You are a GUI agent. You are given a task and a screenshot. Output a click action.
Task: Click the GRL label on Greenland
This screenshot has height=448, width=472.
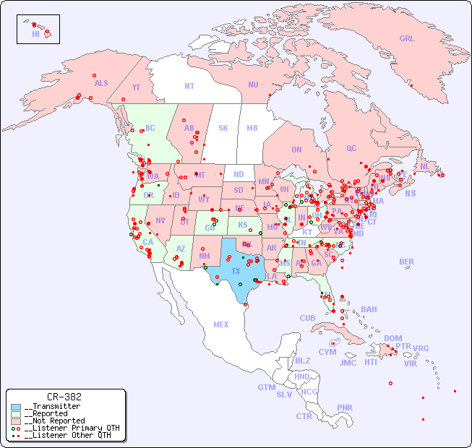(407, 39)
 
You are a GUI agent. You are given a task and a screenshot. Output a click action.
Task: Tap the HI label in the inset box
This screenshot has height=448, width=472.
(35, 34)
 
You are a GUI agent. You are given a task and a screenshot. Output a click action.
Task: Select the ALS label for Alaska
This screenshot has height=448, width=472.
(101, 84)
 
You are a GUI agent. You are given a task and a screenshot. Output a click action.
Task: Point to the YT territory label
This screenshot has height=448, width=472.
(136, 87)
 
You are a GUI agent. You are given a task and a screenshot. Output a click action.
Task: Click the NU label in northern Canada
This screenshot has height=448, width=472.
(253, 85)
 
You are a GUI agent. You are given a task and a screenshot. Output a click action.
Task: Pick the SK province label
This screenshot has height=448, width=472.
(223, 129)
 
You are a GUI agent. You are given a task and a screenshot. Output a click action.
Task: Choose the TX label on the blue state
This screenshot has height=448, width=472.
(236, 271)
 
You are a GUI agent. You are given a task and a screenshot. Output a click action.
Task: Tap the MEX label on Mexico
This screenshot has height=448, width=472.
(221, 325)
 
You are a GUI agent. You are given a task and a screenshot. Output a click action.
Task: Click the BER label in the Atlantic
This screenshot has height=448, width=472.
(406, 262)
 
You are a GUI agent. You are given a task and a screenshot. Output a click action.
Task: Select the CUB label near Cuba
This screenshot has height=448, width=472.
(308, 319)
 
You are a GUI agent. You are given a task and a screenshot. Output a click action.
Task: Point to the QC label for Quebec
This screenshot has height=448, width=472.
(351, 149)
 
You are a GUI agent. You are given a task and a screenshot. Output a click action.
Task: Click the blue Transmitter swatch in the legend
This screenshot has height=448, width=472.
(16, 407)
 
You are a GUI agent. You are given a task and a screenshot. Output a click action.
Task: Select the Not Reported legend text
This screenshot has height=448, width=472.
(54, 421)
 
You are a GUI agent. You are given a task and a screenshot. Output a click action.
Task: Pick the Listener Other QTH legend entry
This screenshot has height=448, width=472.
(67, 435)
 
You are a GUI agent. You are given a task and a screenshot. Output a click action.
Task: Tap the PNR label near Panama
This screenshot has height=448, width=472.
(345, 408)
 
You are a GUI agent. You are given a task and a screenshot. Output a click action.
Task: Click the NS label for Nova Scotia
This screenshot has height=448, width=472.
(410, 194)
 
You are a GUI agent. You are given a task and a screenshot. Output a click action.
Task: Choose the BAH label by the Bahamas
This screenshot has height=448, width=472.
(369, 310)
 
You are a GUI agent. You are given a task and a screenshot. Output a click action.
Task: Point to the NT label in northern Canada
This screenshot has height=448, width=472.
(189, 86)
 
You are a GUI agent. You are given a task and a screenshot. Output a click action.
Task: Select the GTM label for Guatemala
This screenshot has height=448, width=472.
(266, 388)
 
